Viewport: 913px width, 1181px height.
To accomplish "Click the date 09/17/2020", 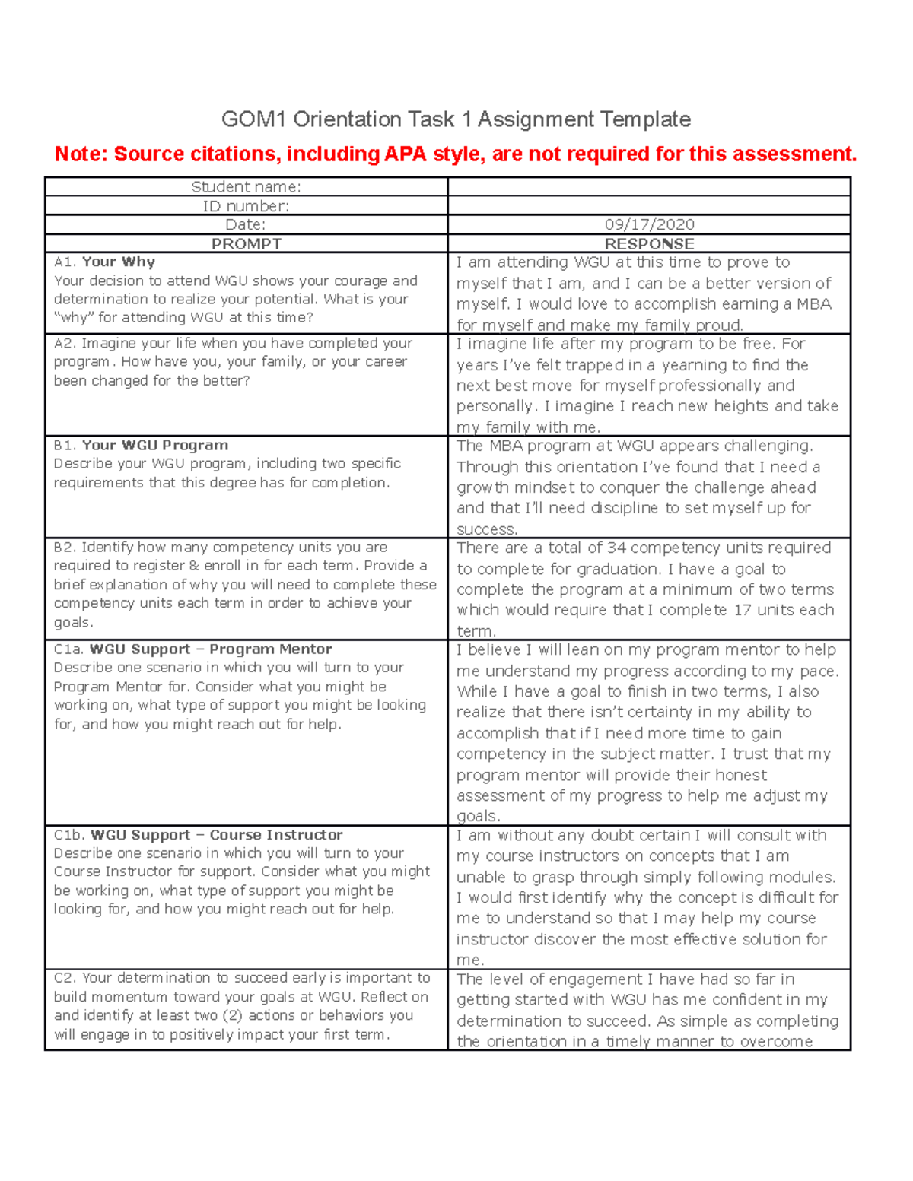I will tap(649, 224).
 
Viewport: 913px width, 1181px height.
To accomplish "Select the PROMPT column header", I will tap(246, 243).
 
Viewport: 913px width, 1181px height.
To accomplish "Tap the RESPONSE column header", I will tap(649, 243).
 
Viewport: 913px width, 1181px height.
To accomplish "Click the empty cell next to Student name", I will tap(649, 187).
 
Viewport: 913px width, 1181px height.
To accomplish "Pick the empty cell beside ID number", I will tap(649, 205).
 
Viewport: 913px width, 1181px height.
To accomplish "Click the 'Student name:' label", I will tap(246, 187).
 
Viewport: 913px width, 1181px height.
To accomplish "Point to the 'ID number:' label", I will tap(246, 206).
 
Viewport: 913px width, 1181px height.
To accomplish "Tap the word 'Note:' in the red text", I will tap(81, 154).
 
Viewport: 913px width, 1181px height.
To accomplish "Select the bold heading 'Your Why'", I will tap(119, 262).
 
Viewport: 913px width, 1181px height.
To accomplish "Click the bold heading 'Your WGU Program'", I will tap(155, 445).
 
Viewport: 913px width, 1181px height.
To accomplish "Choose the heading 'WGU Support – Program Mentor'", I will tap(211, 649).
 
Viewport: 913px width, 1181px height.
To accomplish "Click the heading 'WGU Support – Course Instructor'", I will tap(217, 835).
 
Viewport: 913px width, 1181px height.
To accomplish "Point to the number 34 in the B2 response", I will tap(617, 548).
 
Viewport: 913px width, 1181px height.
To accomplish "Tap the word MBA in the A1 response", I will tap(815, 304).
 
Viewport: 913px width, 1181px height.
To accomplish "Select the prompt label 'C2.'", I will tap(65, 978).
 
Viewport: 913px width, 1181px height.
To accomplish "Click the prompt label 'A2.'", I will tap(65, 343).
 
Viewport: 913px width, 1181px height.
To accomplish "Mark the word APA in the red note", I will tap(406, 154).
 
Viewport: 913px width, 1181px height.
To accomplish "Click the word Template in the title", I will tap(645, 119).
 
